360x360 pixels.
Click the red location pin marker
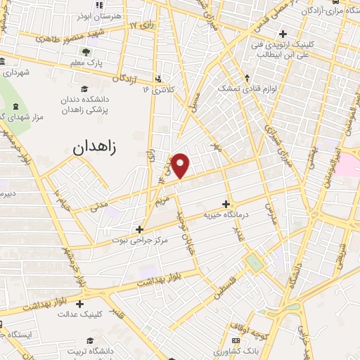(181, 166)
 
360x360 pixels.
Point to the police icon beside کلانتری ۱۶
(158, 79)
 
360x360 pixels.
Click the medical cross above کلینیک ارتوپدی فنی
(283, 33)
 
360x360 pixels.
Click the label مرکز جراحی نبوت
(140, 240)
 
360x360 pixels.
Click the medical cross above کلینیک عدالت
(79, 304)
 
